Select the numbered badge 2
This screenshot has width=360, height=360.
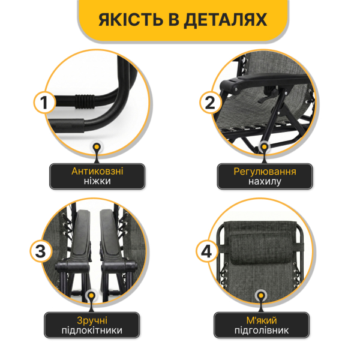coord(209,103)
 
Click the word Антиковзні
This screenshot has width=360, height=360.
coord(97,171)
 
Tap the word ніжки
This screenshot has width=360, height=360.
coord(97,181)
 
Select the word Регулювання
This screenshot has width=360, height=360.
coord(265,171)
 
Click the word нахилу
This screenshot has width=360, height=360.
coord(265,181)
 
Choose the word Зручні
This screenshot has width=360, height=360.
coord(92,320)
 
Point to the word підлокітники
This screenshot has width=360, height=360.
coord(92,331)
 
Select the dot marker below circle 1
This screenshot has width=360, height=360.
coord(97,147)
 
